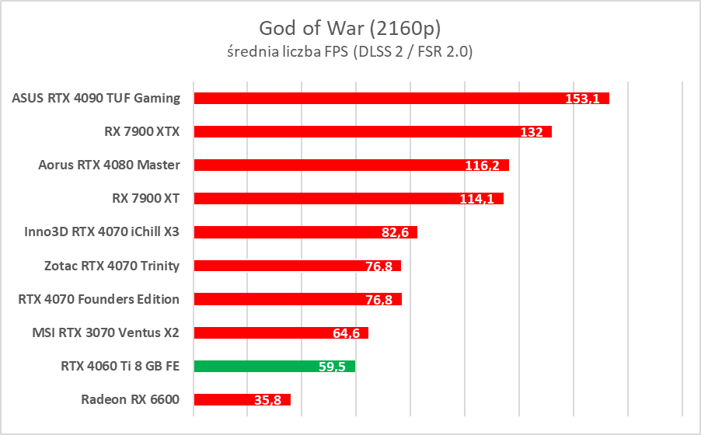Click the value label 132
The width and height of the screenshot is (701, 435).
(532, 132)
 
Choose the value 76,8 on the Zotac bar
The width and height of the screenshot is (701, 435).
(379, 266)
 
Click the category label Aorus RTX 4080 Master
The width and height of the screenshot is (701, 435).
(109, 165)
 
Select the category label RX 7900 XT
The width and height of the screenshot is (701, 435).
(146, 198)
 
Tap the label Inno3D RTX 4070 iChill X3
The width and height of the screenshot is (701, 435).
(103, 231)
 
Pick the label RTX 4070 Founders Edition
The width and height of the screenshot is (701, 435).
(99, 299)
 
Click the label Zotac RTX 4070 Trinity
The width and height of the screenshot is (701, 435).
(112, 266)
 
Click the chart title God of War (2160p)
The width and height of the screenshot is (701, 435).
(350, 29)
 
